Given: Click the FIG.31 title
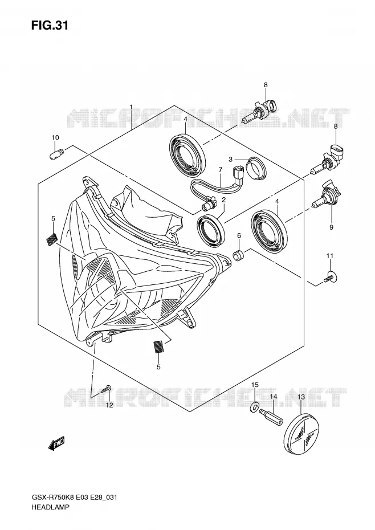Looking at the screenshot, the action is [x=50, y=25].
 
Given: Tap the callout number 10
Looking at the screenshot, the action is [x=55, y=137].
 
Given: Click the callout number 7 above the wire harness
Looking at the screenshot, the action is [x=220, y=169].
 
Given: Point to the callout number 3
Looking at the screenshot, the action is [x=231, y=159].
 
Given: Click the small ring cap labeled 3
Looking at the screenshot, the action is [x=255, y=168].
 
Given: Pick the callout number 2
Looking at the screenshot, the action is [x=223, y=200].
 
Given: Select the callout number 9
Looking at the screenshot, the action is [x=331, y=227].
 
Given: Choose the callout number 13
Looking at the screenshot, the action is [x=301, y=397].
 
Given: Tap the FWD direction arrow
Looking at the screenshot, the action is [x=56, y=444].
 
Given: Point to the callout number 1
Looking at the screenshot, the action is [x=131, y=107].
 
